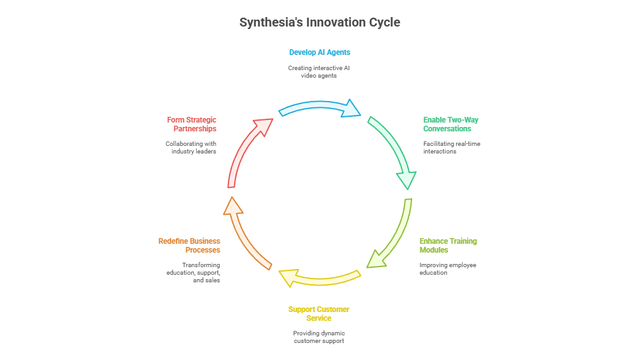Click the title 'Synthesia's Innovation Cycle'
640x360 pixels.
[x=319, y=23]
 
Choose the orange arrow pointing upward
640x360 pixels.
[x=244, y=234]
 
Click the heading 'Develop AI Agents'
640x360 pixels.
[x=319, y=52]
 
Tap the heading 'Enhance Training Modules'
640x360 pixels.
[x=448, y=246]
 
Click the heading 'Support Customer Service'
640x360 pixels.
[x=319, y=314]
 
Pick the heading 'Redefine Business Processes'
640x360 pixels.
[x=189, y=246]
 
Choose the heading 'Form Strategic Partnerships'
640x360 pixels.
[x=191, y=124]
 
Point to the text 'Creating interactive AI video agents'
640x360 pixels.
[x=319, y=72]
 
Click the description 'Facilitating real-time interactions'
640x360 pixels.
[x=451, y=148]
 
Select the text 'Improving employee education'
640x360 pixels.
[x=447, y=269]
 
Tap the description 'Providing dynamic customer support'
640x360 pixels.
[x=319, y=337]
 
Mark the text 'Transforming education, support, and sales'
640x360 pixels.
[x=193, y=272]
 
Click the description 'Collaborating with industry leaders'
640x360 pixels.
[x=191, y=148]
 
